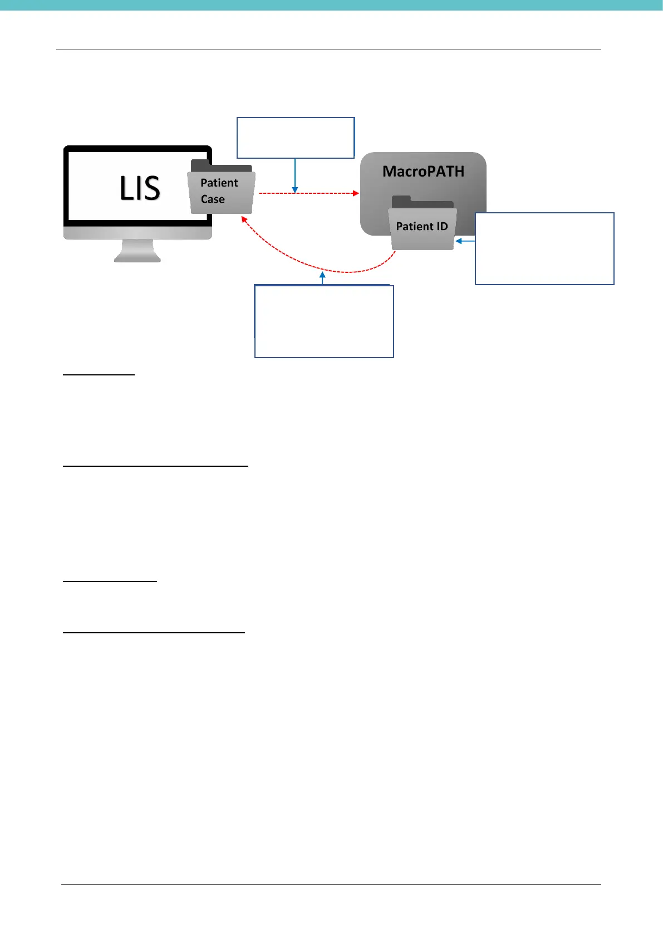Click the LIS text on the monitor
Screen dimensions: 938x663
140,188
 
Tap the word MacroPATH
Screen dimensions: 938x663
423,172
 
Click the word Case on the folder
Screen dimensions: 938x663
213,199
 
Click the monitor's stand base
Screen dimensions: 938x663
137,257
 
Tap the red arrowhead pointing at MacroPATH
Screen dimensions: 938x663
356,193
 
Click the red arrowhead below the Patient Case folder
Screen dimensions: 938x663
244,220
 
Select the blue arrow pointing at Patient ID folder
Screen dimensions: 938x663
460,241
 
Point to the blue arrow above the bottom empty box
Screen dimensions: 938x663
322,276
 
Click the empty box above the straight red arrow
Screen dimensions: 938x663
296,138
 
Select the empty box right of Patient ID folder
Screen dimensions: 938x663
544,248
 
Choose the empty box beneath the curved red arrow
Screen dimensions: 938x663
324,321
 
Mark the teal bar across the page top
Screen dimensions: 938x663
331,5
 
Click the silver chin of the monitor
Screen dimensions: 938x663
137,232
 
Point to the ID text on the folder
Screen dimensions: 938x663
442,226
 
